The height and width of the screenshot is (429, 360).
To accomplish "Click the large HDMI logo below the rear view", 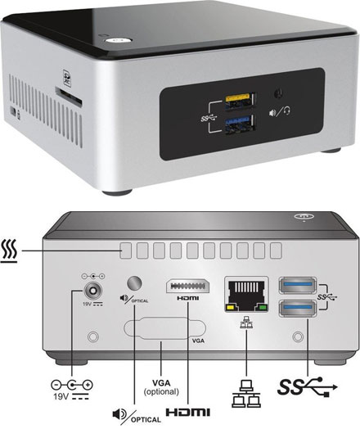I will pos(187,413).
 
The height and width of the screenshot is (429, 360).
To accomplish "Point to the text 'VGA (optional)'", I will pos(162,388).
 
